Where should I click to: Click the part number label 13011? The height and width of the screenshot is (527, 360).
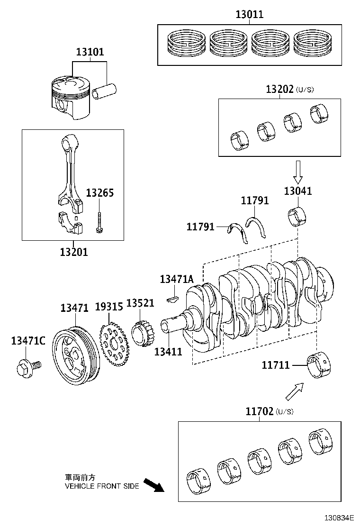[249, 14]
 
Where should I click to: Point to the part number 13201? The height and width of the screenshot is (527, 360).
[73, 252]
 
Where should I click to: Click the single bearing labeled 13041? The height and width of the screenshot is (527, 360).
[297, 216]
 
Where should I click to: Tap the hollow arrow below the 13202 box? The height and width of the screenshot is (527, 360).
[297, 172]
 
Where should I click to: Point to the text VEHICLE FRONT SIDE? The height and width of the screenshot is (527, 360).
[102, 486]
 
